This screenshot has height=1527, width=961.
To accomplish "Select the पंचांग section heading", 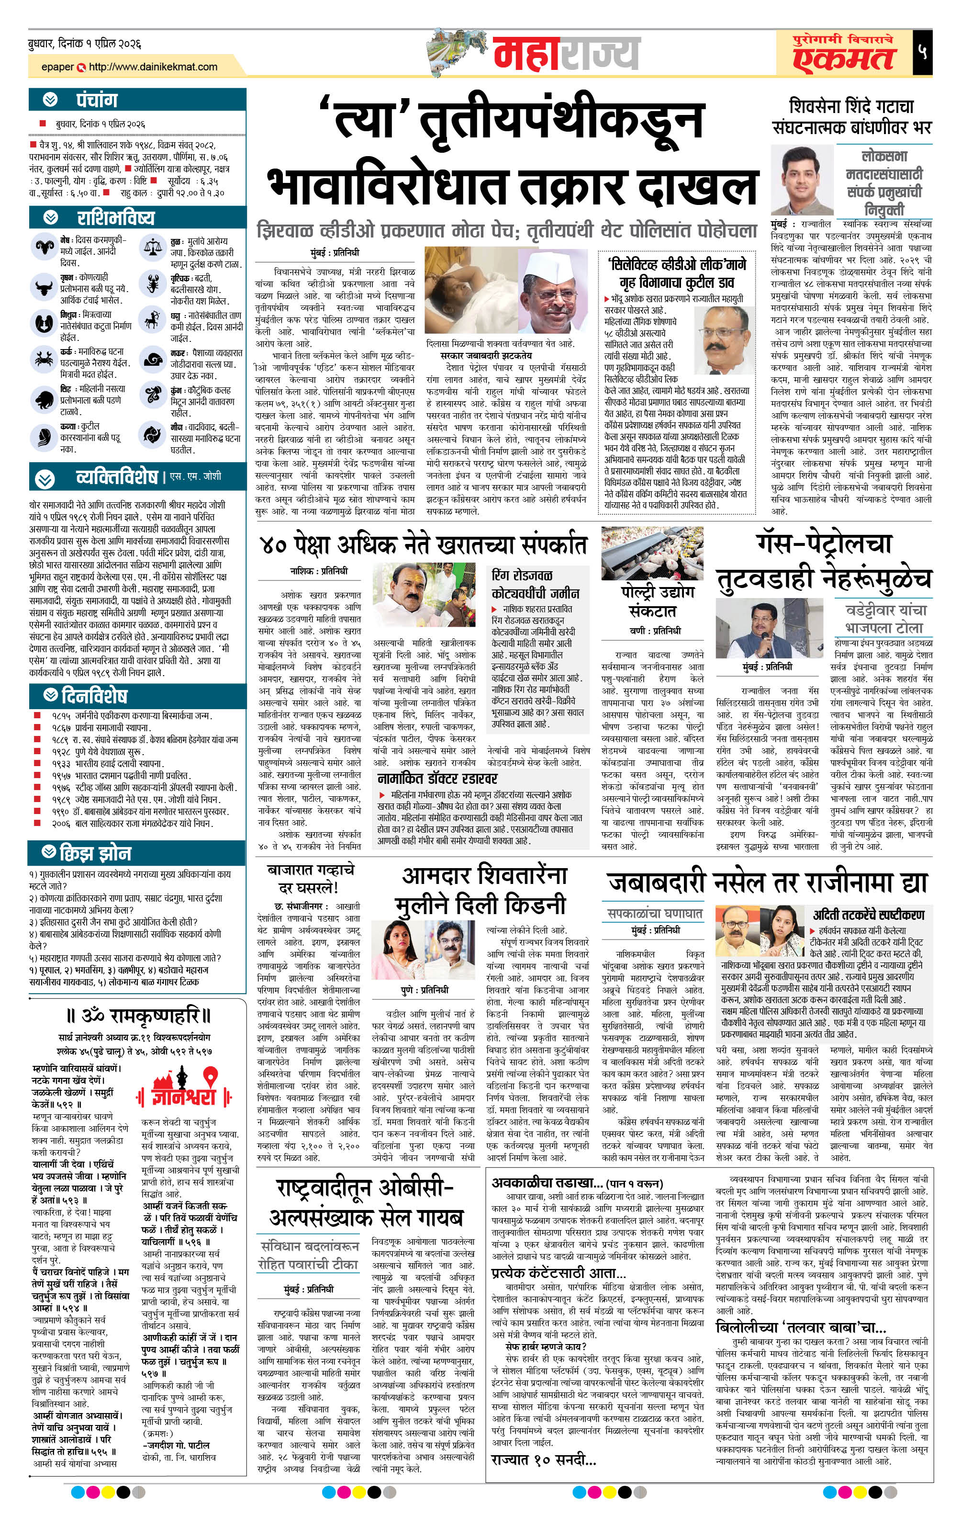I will (97, 100).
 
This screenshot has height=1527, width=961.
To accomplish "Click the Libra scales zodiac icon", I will (153, 247).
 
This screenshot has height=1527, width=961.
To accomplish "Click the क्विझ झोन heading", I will (95, 854).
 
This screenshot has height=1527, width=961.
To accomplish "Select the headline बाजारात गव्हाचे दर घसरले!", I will (311, 878).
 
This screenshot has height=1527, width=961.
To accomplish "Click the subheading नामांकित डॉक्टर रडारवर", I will (437, 778).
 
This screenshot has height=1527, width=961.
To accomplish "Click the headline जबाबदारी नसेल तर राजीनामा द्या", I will (767, 882).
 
